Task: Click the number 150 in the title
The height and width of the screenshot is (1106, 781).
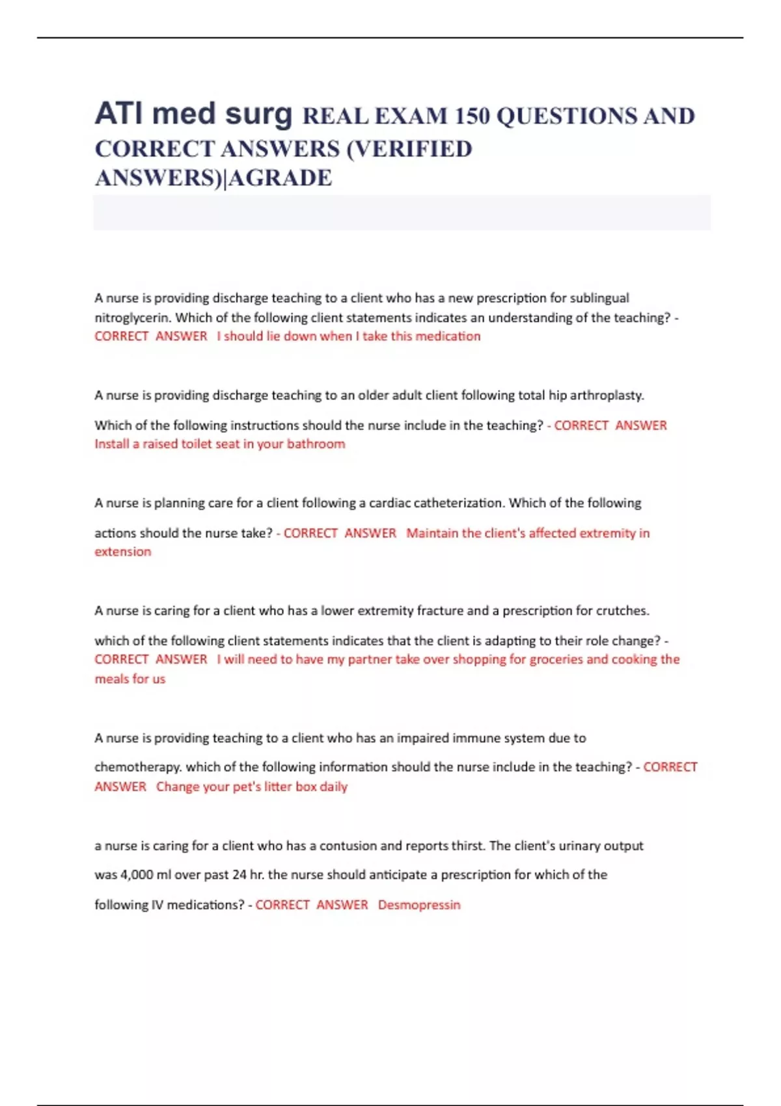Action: (x=472, y=116)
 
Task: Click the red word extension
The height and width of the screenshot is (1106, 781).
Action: (x=123, y=552)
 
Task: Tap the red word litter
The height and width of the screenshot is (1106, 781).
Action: (x=278, y=787)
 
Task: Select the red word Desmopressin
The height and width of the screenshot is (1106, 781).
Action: (x=419, y=905)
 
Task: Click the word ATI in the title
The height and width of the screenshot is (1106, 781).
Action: (x=118, y=114)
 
